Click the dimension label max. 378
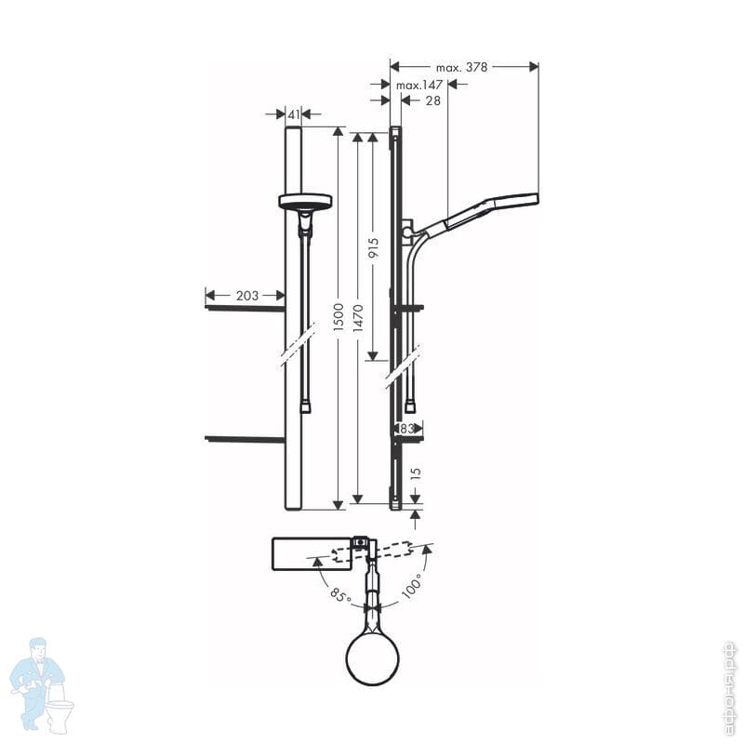[461, 67]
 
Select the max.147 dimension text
[419, 85]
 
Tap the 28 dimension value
[432, 100]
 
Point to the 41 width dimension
[294, 114]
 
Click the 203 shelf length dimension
[247, 296]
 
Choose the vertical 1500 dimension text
[338, 317]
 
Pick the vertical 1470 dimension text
[358, 318]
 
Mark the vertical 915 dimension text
[374, 248]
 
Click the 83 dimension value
[406, 429]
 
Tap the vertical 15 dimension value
[415, 474]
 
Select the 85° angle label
[340, 595]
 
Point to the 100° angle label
[412, 587]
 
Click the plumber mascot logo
[42, 684]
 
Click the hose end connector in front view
[306, 408]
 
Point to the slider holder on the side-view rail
[407, 231]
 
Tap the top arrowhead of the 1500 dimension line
[338, 131]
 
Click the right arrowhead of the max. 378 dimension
[534, 67]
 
